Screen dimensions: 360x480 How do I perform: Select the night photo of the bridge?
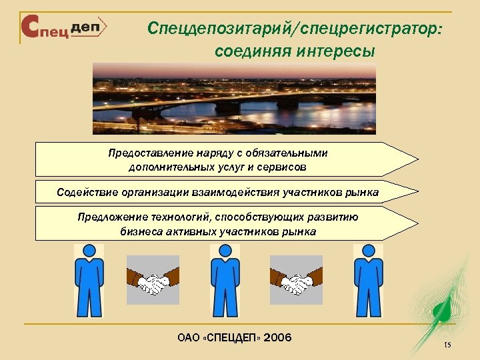(234, 98)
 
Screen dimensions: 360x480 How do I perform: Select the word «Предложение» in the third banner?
(109, 217)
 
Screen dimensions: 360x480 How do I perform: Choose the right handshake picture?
(296, 280)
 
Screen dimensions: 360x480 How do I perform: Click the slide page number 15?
(447, 345)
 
